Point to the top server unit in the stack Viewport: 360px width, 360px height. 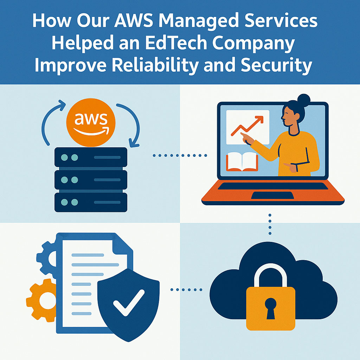tap(91, 157)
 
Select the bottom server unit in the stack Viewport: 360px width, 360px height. tap(91, 202)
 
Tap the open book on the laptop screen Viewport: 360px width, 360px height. tap(242, 161)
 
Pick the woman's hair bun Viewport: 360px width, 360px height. tap(303, 101)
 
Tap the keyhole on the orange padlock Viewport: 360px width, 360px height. tap(271, 308)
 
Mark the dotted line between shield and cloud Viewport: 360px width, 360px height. tap(186, 290)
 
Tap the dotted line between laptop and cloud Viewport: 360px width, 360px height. tap(270, 224)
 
